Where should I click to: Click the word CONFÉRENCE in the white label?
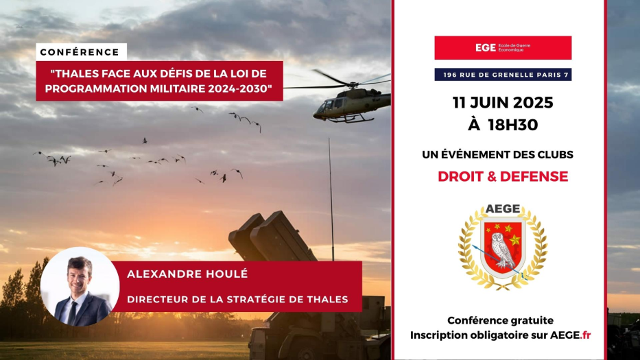(x=80, y=52)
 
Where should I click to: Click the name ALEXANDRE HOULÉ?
(x=187, y=274)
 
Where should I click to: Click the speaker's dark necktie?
(x=72, y=313)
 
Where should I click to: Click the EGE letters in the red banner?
(x=485, y=48)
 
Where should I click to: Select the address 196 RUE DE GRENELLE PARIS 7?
(x=503, y=75)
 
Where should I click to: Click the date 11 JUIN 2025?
(x=503, y=102)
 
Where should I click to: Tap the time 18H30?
(x=513, y=125)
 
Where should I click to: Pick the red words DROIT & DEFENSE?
(x=503, y=176)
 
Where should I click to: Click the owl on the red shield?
(x=502, y=250)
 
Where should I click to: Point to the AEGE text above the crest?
(x=503, y=209)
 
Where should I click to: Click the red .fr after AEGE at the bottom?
(x=586, y=335)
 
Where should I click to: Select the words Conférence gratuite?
(x=501, y=320)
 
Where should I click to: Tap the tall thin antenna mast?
(x=331, y=200)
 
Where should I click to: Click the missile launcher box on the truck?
(x=272, y=237)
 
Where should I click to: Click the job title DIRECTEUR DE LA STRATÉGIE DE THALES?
(x=237, y=299)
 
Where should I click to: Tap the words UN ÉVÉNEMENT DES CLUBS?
(x=497, y=155)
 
